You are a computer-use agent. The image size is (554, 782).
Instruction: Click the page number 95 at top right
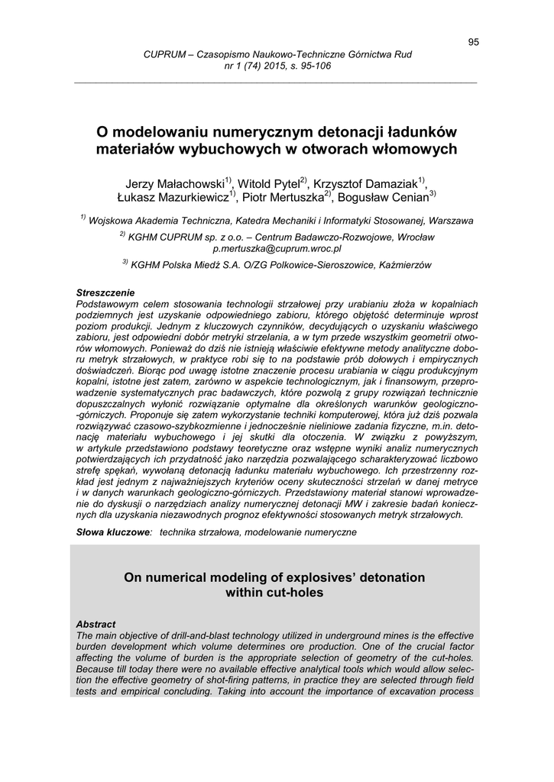pyautogui.click(x=473, y=42)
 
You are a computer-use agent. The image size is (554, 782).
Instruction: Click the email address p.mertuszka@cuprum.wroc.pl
pyautogui.click(x=277, y=248)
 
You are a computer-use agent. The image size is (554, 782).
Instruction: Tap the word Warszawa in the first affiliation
pyautogui.click(x=450, y=221)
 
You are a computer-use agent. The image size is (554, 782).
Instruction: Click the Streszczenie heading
pyautogui.click(x=105, y=292)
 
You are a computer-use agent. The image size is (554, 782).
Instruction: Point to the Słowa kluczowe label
pyautogui.click(x=114, y=532)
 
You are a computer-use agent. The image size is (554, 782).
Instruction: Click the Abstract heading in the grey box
pyautogui.click(x=96, y=624)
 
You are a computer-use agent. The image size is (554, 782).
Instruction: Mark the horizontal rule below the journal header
pyautogui.click(x=277, y=82)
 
